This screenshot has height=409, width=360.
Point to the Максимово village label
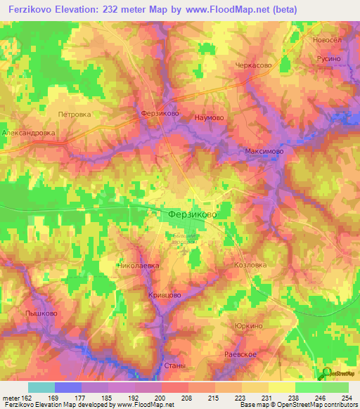264,151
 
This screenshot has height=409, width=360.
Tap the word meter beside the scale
10,398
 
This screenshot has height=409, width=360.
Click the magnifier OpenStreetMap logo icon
325,373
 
